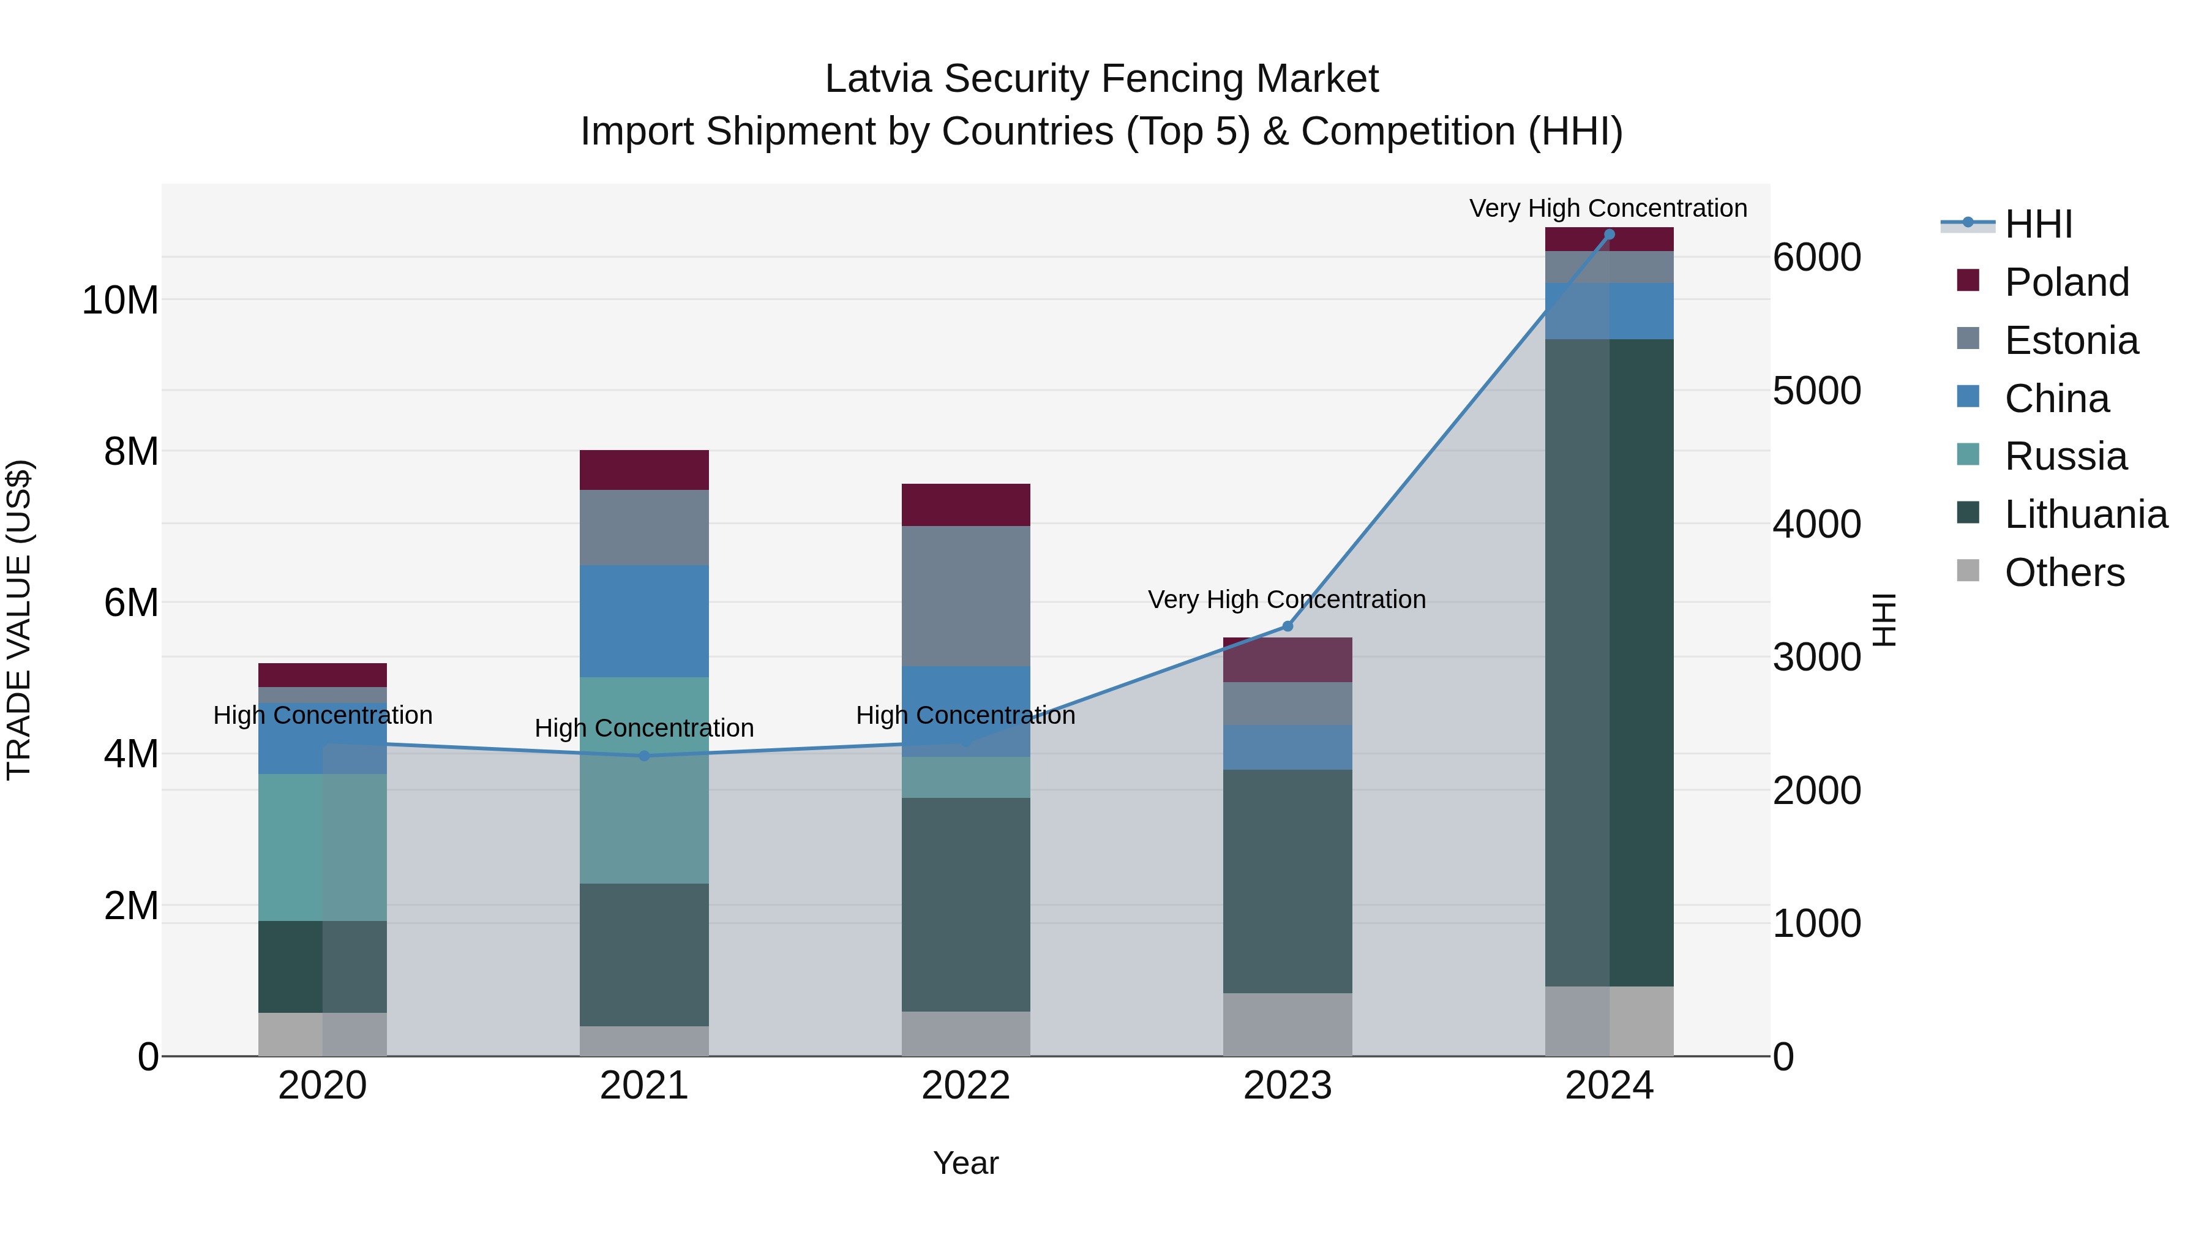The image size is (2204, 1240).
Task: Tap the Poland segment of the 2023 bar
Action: [x=1287, y=659]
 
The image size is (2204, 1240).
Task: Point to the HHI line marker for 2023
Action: [x=1287, y=626]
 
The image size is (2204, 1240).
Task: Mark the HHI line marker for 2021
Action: [x=644, y=756]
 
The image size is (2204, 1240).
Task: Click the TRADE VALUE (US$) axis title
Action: [x=19, y=620]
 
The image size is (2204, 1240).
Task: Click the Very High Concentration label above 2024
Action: [x=1608, y=208]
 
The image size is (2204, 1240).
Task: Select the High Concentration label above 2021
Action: [x=644, y=728]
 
